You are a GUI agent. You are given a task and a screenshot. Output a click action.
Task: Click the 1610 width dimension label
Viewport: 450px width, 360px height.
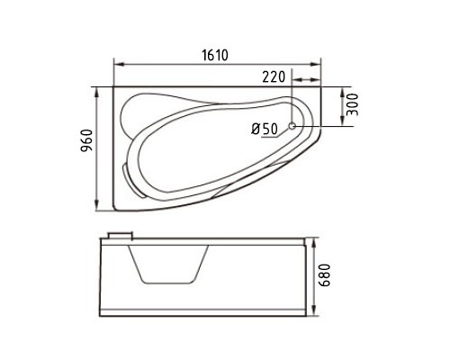[215, 55]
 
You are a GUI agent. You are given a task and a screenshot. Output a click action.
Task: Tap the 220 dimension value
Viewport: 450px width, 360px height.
[274, 76]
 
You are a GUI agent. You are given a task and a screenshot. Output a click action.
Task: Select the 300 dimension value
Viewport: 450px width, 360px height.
[353, 104]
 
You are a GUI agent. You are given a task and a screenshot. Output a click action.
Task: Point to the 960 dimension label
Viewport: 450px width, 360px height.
[87, 140]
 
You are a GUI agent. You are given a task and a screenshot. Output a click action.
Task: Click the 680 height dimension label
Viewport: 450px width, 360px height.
[324, 275]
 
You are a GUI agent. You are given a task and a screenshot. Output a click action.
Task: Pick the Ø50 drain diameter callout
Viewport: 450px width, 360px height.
[265, 129]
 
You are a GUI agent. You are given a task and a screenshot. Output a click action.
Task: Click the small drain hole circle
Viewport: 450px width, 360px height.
[292, 126]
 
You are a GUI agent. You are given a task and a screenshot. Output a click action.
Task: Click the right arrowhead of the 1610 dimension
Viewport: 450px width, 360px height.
[315, 64]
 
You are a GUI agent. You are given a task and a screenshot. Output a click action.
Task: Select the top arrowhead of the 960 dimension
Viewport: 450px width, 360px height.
[96, 93]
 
